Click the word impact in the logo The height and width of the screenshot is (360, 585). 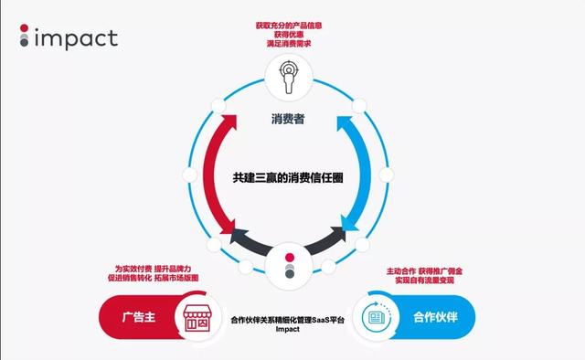click(x=75, y=38)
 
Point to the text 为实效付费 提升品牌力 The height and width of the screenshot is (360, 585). click(x=151, y=269)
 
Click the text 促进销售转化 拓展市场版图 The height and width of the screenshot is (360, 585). click(x=151, y=280)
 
